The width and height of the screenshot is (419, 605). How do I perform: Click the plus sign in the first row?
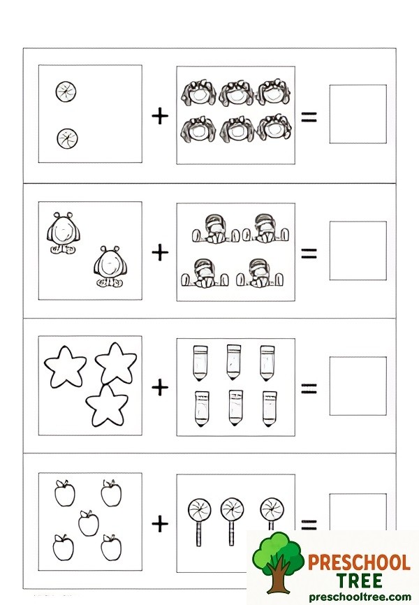click(160, 116)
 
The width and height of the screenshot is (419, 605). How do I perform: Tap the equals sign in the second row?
click(309, 252)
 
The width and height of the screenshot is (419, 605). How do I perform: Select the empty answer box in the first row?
click(358, 114)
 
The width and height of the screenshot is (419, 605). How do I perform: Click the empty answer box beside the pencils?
click(358, 386)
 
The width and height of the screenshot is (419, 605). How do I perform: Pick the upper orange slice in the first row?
click(66, 91)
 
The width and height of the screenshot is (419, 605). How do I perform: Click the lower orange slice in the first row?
click(67, 138)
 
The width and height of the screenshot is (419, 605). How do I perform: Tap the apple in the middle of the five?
click(88, 523)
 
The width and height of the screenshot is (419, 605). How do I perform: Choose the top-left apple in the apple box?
click(64, 493)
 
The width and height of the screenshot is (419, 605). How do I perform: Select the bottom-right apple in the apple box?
click(110, 547)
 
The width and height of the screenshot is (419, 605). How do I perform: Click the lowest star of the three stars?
click(106, 406)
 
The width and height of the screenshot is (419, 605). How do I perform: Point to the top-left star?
click(65, 365)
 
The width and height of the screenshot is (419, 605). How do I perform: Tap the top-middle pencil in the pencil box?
click(233, 360)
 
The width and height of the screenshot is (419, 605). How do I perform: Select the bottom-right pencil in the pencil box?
click(268, 408)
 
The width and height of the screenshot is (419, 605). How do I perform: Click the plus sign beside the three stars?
click(160, 387)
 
